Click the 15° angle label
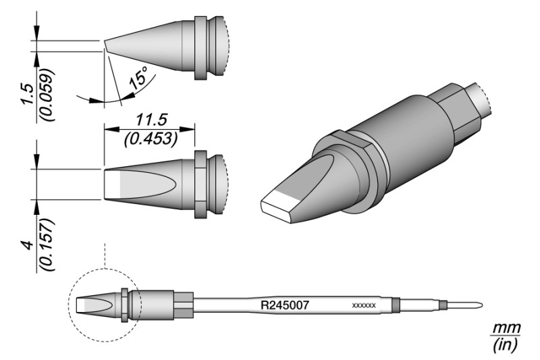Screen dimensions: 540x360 pyautogui.click(x=138, y=78)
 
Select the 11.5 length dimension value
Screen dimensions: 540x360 pyautogui.click(x=151, y=120)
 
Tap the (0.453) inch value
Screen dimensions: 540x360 pyautogui.click(x=151, y=138)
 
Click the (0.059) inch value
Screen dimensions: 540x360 pyautogui.click(x=47, y=95)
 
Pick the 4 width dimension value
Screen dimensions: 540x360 pyautogui.click(x=28, y=245)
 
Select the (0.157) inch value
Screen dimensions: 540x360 pyautogui.click(x=47, y=245)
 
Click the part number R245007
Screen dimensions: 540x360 pyautogui.click(x=284, y=305)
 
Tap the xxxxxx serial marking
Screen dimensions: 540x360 pyautogui.click(x=364, y=305)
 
